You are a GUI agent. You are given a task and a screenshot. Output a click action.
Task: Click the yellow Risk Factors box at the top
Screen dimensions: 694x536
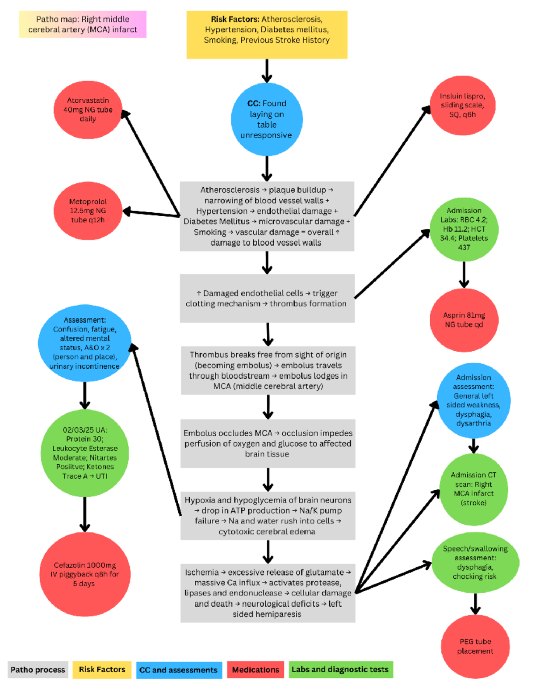tap(267, 34)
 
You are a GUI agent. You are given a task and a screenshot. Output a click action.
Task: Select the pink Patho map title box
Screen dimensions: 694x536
tap(83, 25)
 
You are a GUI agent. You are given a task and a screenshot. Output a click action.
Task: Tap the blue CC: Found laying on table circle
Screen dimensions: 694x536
tap(267, 119)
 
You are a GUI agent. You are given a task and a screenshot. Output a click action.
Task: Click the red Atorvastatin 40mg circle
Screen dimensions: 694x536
tap(88, 109)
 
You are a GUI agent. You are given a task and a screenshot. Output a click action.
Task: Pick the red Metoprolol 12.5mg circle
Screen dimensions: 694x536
tap(88, 210)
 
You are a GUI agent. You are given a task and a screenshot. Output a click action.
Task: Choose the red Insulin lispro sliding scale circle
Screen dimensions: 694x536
tap(462, 105)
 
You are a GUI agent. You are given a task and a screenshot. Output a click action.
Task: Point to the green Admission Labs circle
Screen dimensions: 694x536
tap(464, 229)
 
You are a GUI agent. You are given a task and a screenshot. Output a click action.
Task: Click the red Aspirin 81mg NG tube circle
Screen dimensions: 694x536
tap(464, 320)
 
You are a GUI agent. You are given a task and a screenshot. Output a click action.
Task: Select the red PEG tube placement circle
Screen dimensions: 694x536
tap(475, 646)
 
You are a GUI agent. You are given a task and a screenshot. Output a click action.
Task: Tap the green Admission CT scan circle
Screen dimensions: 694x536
tap(473, 489)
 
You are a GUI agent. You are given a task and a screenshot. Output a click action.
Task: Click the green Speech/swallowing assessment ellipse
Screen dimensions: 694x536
tap(475, 563)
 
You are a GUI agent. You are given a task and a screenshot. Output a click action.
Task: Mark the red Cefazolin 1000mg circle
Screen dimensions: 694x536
tap(85, 574)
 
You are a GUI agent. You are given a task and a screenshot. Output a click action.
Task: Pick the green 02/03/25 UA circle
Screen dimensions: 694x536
tap(85, 453)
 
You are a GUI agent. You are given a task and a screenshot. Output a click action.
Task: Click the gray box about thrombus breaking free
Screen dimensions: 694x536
tap(268, 370)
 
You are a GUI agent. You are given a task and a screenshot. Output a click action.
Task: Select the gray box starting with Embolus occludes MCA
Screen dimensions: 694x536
tap(268, 443)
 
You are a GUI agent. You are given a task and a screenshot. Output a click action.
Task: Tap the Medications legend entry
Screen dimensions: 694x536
tap(255, 670)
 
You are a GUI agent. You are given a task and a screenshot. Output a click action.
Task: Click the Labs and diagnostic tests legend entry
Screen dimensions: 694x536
tap(340, 669)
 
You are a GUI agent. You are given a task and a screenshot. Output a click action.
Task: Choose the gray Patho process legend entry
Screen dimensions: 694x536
tap(38, 670)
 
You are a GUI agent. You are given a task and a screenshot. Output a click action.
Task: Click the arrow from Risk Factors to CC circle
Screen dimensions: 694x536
tap(267, 71)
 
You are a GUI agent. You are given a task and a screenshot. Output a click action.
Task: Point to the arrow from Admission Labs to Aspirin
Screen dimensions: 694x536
tap(464, 274)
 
